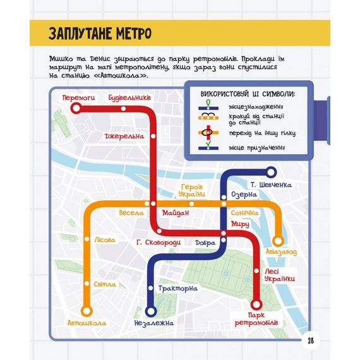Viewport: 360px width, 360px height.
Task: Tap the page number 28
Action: click(x=311, y=341)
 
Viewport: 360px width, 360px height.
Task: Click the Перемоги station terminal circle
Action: click(x=76, y=109)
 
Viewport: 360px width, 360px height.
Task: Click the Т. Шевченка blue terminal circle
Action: click(x=271, y=171)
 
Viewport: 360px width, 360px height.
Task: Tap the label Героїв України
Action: click(x=191, y=190)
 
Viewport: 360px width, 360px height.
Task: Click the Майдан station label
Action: click(x=175, y=213)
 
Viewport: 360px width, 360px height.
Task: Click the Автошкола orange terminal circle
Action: click(x=87, y=310)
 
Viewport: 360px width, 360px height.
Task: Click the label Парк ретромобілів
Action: click(x=255, y=319)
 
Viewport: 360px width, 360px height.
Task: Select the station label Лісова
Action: click(x=104, y=240)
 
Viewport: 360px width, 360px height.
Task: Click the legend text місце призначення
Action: click(x=251, y=149)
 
